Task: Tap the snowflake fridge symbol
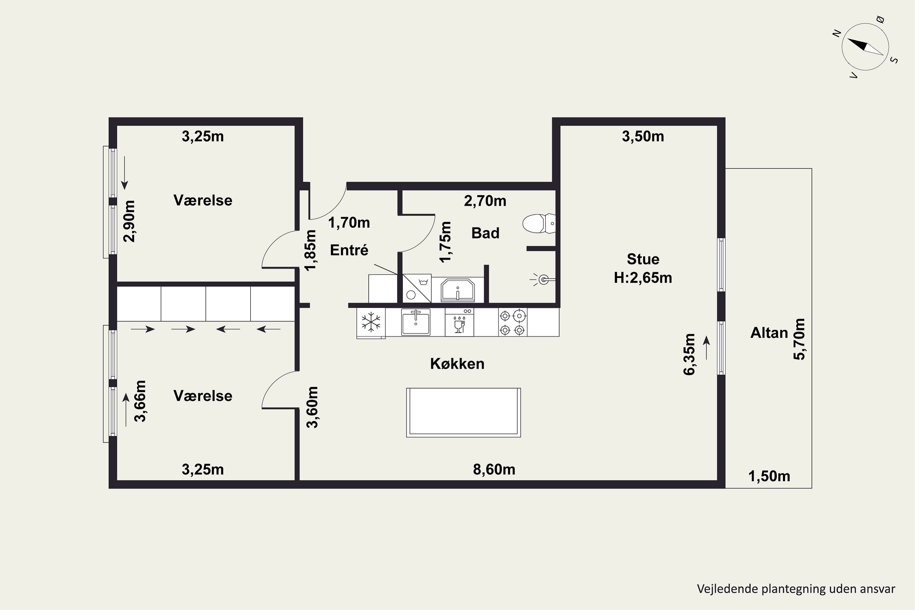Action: point(371,322)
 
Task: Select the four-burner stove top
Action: point(512,322)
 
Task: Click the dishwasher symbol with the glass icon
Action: point(459,322)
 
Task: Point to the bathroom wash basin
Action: point(457,290)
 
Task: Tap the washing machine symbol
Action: point(417,288)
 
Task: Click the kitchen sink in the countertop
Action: point(416,322)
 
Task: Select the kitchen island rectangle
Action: point(463,412)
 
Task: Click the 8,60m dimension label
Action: point(494,470)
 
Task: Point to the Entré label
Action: point(349,250)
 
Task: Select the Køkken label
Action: point(457,364)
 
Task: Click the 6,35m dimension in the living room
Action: point(689,354)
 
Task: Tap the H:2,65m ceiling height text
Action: point(643,278)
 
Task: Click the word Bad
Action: point(485,233)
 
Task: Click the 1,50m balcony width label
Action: point(769,476)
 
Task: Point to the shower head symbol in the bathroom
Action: point(543,279)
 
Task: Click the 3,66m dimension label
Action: point(140,401)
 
